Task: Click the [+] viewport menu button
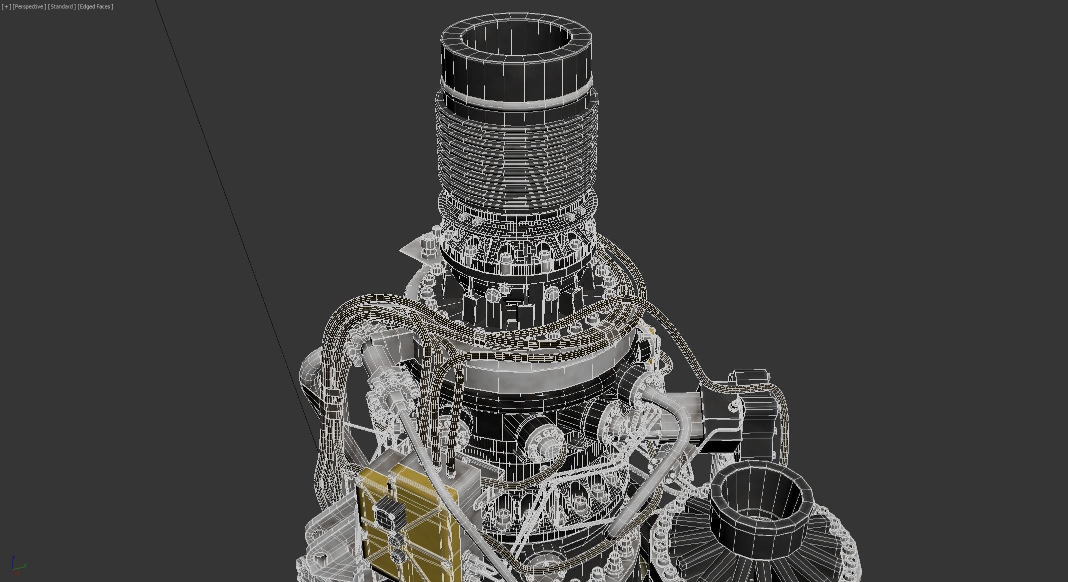click(x=6, y=6)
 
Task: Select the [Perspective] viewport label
click(x=29, y=6)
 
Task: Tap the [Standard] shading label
click(x=62, y=6)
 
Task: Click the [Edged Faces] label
click(x=95, y=6)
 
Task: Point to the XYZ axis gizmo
click(x=17, y=566)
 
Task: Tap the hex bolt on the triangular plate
click(x=427, y=245)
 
